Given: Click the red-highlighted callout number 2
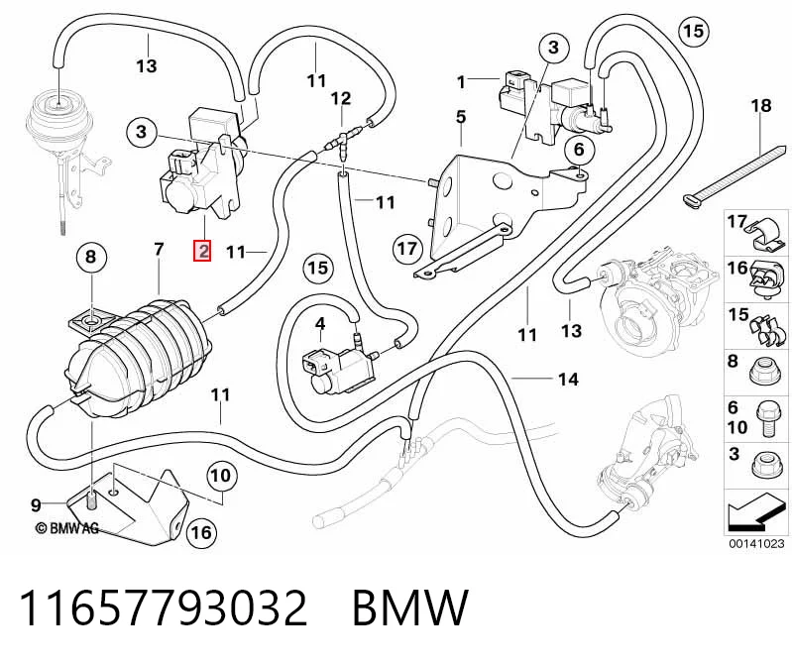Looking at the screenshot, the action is (202, 251).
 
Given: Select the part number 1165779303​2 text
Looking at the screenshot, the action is (164, 608).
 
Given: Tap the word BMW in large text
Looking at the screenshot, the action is (410, 608).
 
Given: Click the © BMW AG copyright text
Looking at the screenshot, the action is (66, 528).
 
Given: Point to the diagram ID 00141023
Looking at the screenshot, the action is (756, 544).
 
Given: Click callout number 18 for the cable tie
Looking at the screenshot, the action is (761, 106).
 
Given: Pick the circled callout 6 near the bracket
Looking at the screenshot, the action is (578, 149).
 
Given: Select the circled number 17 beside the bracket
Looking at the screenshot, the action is (407, 249).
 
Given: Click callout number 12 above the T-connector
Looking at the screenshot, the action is (341, 98).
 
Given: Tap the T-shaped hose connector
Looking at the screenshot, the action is (343, 142).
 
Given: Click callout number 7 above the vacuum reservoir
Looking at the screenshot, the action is (160, 250).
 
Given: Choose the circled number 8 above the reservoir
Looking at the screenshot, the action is (90, 257).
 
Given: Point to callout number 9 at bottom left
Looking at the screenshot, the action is (36, 504).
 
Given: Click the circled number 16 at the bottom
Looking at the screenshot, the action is (201, 532).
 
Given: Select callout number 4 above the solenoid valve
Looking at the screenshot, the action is (320, 324).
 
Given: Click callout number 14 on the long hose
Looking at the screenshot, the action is (568, 380).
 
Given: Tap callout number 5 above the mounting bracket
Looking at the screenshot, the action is (461, 117).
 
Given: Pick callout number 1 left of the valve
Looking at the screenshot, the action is (461, 82).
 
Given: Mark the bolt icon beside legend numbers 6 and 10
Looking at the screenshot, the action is (766, 418).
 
